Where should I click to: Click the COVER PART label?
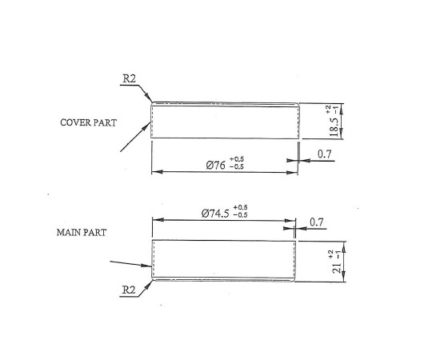pos(89,122)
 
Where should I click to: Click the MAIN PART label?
pos(82,233)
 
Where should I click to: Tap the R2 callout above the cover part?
pos(130,78)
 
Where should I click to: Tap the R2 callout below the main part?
pos(129,290)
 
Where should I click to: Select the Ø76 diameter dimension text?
pos(215,166)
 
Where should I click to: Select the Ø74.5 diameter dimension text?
pos(215,214)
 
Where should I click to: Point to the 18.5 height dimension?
pos(334,127)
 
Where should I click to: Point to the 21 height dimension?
pos(337,268)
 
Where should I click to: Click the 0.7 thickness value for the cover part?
pos(325,154)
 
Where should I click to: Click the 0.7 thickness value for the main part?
pos(317,222)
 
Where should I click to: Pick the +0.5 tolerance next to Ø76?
pos(236,159)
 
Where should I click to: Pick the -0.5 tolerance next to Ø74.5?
pos(240,215)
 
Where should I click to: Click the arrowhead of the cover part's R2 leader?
pos(149,98)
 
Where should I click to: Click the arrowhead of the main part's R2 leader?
pos(149,285)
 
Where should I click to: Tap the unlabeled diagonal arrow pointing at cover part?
pos(135,137)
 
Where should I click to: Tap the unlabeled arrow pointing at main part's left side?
pos(131,264)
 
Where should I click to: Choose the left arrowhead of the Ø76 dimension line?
pos(157,171)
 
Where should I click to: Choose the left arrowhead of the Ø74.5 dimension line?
pos(158,220)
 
